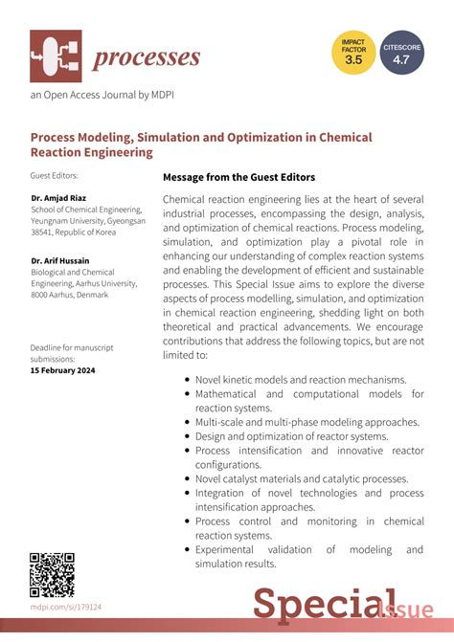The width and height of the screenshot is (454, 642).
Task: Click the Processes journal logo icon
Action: click(x=56, y=56)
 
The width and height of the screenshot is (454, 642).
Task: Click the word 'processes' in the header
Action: click(x=146, y=57)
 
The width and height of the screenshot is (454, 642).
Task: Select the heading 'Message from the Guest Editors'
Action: click(x=238, y=177)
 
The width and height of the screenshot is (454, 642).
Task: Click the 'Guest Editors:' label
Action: click(x=55, y=176)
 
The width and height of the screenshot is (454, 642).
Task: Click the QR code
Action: click(x=53, y=574)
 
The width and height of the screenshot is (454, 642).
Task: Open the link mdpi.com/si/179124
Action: click(x=66, y=607)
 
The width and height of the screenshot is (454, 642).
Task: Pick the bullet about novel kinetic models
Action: click(x=301, y=379)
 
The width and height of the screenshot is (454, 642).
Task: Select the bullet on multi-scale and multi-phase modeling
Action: click(x=307, y=422)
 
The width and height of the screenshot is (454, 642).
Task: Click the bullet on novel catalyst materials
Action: click(x=301, y=478)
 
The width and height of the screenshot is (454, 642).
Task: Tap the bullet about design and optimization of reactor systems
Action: click(x=291, y=436)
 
